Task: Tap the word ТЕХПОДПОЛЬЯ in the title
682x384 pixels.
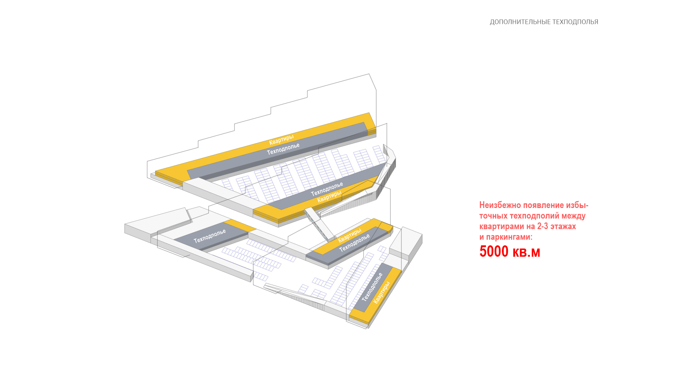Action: [x=576, y=22]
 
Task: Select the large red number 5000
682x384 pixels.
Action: [x=494, y=251]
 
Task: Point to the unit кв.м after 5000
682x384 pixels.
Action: [x=526, y=252]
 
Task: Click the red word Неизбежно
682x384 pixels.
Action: [x=500, y=205]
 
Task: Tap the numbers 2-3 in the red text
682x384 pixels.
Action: [x=542, y=226]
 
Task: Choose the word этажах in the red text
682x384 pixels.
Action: [x=563, y=226]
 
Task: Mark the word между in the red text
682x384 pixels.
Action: [x=574, y=216]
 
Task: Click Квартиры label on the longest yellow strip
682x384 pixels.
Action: [x=281, y=140]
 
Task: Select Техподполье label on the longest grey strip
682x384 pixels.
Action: [x=283, y=149]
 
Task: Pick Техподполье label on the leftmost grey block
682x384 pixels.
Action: [x=210, y=236]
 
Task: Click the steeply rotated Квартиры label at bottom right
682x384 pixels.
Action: [x=382, y=293]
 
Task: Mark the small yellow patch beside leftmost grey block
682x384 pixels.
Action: [x=240, y=225]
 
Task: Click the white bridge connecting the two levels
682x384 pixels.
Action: [x=319, y=224]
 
